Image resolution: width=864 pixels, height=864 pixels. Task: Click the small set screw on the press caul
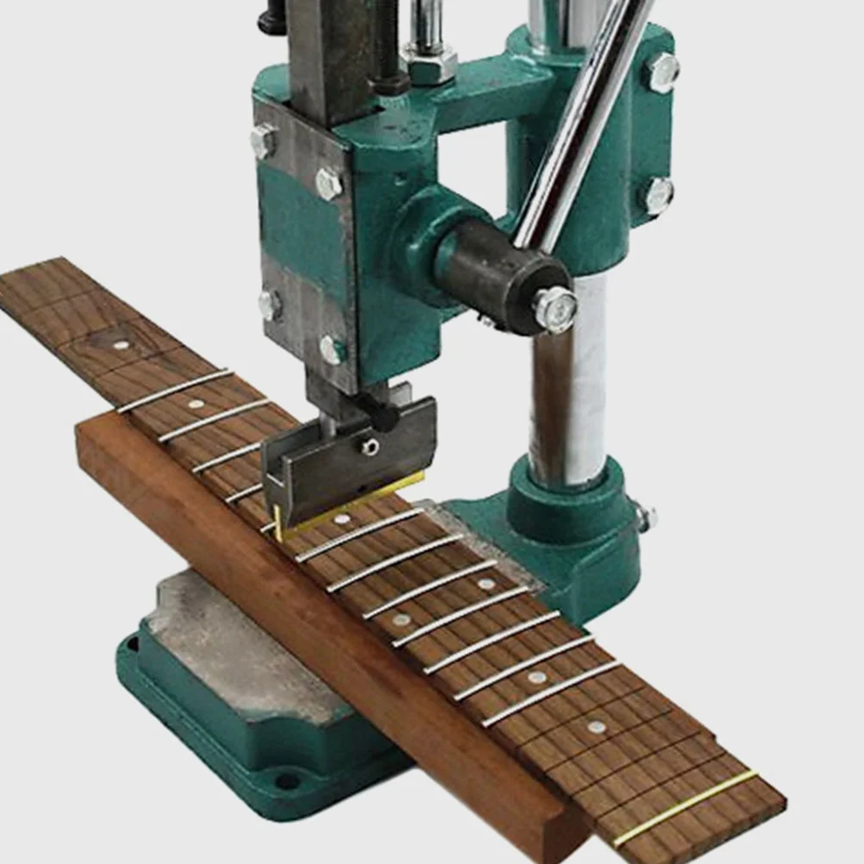[x=369, y=446]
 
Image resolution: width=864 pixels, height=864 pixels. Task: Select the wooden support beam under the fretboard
[x=328, y=604]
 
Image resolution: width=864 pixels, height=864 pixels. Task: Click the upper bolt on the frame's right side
[x=662, y=72]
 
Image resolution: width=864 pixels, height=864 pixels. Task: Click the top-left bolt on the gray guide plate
[x=264, y=140]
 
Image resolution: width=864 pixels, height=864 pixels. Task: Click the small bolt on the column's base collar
[x=644, y=517]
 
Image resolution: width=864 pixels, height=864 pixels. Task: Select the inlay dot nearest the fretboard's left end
[x=120, y=344]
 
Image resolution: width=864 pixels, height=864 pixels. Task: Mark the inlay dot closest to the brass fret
[x=596, y=726]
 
